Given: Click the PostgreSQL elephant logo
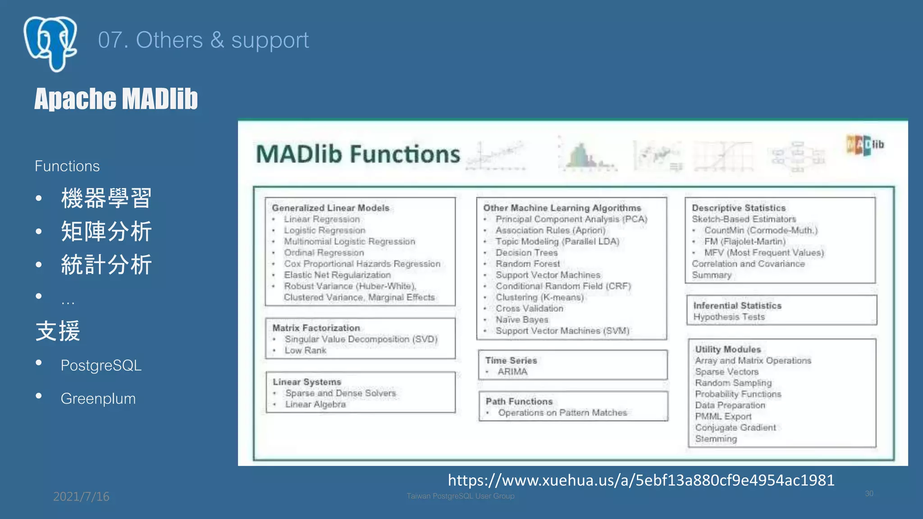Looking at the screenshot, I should click(x=50, y=43).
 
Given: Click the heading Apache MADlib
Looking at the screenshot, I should click(x=116, y=99).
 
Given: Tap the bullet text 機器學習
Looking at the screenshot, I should click(x=106, y=198).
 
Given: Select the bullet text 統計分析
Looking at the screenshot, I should click(x=106, y=264).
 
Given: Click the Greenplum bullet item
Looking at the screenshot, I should click(x=98, y=399).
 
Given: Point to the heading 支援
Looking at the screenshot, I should click(x=58, y=331).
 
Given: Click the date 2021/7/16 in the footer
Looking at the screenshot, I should click(x=81, y=496).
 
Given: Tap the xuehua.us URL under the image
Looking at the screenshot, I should click(x=641, y=480).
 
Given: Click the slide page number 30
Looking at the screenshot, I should click(x=869, y=494).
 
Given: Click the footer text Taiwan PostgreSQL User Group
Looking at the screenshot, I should click(x=460, y=496).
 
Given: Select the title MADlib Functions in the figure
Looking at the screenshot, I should click(x=358, y=154).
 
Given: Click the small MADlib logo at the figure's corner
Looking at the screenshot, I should click(x=864, y=145).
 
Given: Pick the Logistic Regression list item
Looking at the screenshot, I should click(x=324, y=230).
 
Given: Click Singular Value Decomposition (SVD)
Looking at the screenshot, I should click(x=361, y=339).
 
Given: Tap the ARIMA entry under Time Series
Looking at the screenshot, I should click(x=512, y=372).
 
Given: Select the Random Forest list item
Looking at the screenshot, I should click(x=528, y=264).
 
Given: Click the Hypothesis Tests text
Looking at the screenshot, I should click(x=729, y=317).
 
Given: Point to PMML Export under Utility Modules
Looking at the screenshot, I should click(x=723, y=416).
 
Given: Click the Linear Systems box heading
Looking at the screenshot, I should click(x=306, y=382).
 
